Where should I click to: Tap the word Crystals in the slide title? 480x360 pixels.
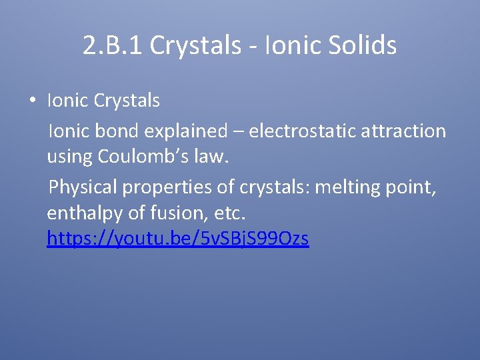click(x=195, y=45)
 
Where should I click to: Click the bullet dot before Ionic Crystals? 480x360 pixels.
click(x=31, y=101)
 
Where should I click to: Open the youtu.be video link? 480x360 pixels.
click(x=177, y=238)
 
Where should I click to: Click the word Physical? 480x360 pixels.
click(x=82, y=187)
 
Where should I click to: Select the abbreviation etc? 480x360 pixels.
click(x=229, y=214)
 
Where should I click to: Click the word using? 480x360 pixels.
click(x=70, y=157)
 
